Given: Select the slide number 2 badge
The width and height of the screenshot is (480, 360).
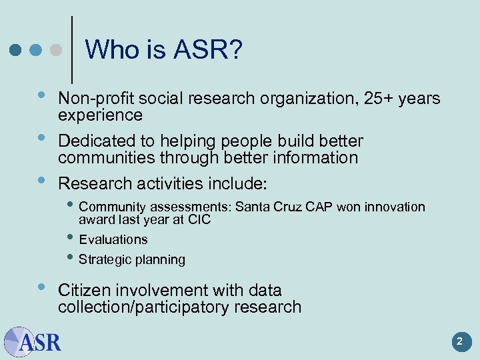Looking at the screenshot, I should (x=459, y=343).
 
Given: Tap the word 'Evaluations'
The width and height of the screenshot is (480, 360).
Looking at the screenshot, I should (x=113, y=239).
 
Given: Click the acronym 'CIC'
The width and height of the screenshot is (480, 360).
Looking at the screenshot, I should (x=198, y=219).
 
